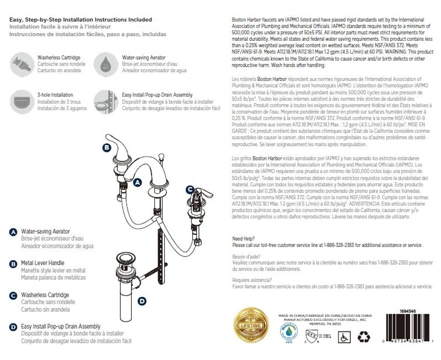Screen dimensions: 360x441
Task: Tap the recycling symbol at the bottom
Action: point(364,335)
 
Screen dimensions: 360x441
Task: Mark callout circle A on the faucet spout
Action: point(138,181)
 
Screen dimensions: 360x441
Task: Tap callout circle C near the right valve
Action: point(190,190)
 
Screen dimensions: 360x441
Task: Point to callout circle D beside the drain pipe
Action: point(142,301)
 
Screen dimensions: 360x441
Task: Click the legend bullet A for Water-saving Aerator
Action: point(13,233)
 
